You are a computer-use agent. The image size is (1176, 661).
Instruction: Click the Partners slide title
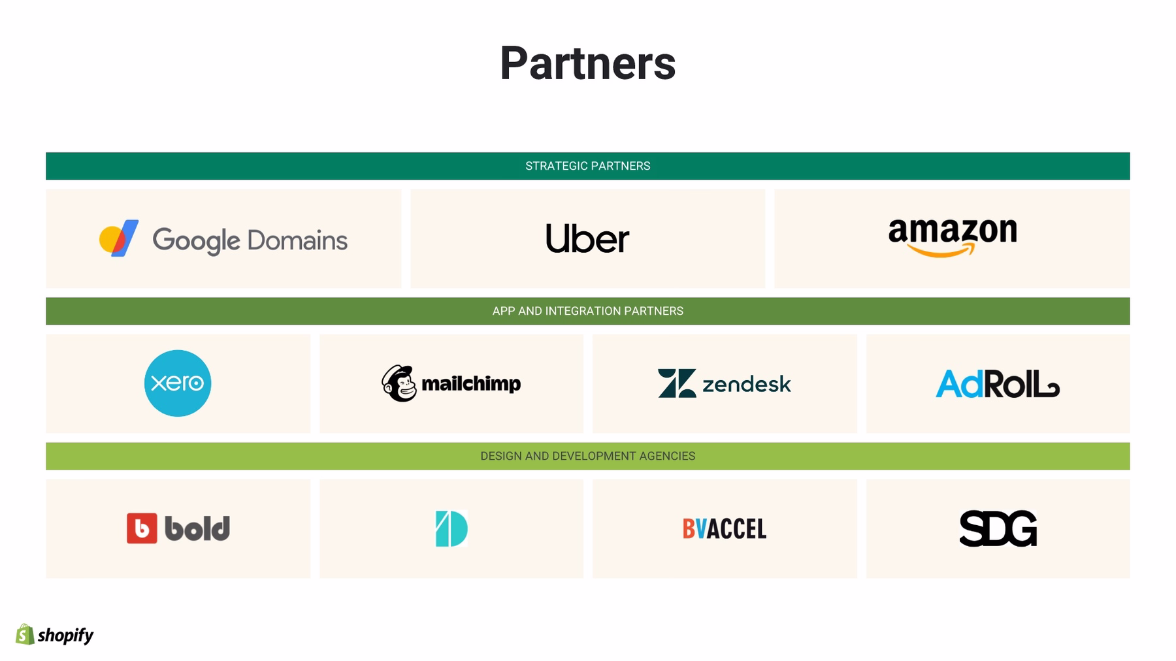587,63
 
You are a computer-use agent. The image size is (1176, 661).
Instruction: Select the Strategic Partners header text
587,166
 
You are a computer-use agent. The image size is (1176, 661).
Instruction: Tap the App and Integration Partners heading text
587,311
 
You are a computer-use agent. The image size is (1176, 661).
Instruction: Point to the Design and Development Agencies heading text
587,456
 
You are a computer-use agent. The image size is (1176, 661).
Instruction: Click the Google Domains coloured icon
118,238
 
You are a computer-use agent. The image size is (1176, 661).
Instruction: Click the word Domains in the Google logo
298,240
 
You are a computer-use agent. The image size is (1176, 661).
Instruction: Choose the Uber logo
587,238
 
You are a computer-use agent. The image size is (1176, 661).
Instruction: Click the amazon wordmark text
953,231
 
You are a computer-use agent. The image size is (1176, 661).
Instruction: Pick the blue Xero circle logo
178,383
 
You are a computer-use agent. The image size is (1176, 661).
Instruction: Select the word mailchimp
471,383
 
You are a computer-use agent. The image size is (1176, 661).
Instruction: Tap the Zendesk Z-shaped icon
677,383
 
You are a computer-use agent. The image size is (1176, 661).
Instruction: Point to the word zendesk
747,384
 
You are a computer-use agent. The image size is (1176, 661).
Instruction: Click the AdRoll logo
998,384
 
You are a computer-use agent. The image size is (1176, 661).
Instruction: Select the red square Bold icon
142,528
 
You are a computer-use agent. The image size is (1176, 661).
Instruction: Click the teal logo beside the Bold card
451,528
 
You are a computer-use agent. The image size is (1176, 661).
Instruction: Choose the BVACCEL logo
725,528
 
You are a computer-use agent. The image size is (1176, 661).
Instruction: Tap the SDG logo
998,528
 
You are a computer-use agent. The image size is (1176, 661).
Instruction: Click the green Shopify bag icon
25,634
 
